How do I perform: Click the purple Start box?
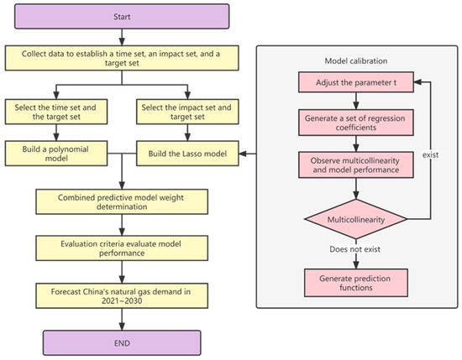122,17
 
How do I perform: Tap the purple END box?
122,343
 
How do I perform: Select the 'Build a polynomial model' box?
56,154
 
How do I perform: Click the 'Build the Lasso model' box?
187,154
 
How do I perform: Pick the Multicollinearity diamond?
356,219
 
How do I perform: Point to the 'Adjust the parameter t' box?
356,82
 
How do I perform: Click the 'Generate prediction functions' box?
356,283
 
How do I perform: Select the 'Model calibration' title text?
356,61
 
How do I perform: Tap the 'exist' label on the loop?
430,154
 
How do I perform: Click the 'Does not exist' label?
354,249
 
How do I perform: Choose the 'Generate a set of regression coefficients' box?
356,123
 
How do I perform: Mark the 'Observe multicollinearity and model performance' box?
356,164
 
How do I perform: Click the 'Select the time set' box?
56,112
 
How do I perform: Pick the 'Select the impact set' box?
187,112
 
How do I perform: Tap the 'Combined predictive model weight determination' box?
122,201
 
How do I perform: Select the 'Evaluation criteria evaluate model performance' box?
122,248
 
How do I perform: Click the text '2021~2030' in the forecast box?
122,300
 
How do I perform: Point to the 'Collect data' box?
122,58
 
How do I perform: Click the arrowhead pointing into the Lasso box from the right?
243,154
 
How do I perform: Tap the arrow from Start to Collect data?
122,37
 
